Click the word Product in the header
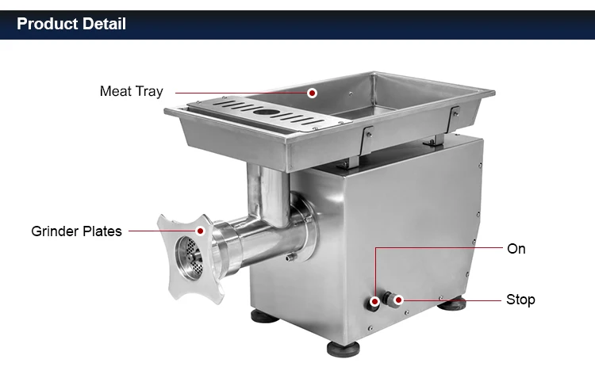pos(48,24)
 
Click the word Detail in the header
pos(104,24)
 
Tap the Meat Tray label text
pos(131,92)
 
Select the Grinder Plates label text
pos(76,231)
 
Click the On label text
pos(516,249)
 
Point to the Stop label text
pos(520,300)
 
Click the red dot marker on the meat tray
pos(312,93)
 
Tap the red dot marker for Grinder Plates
pos(200,231)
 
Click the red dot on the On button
pos(375,302)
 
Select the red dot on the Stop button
pos(398,300)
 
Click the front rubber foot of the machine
pos(343,349)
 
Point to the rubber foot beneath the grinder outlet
pos(264,316)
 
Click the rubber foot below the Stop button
pos(451,304)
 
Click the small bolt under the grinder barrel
pos(291,257)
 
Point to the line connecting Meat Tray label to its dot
pos(241,93)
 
